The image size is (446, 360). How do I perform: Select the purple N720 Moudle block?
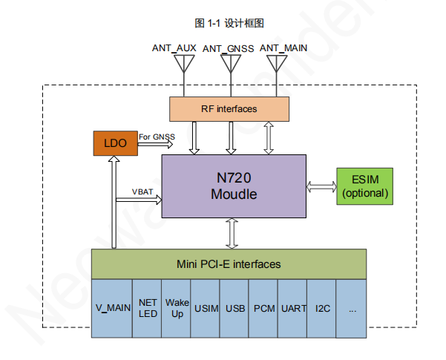coord(233,186)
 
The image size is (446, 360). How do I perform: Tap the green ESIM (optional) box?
coord(365,186)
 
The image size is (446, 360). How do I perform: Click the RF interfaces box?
coord(229,109)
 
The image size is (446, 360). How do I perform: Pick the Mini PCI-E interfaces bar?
coord(229,264)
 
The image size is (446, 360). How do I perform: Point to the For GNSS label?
coord(156,137)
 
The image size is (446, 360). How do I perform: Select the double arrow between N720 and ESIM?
coord(321,186)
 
